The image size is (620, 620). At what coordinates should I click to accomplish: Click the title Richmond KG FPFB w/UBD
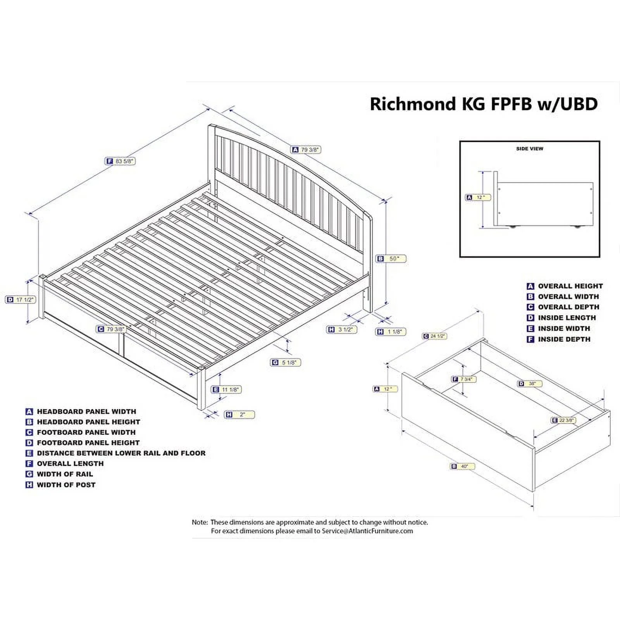pos(484,104)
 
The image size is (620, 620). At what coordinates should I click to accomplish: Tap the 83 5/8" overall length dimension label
pos(121,161)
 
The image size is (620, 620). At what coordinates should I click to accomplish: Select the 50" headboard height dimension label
pos(391,259)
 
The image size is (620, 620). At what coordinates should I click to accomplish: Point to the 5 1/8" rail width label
pos(286,363)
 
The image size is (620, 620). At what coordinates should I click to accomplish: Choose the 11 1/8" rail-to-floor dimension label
pos(226,389)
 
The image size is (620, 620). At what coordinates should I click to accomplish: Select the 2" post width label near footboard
pos(240,415)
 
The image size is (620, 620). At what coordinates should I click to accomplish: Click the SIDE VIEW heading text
pos(529,149)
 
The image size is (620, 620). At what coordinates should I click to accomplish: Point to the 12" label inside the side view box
pos(478,198)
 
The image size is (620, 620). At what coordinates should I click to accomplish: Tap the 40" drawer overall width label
pos(462,467)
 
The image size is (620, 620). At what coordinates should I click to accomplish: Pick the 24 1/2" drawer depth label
pos(434,336)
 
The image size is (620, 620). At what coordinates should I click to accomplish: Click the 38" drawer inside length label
pos(529,384)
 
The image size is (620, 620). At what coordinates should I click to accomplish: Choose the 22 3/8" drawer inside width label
pos(564,420)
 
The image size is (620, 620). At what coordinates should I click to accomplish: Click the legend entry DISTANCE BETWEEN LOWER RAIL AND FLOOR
pos(121,453)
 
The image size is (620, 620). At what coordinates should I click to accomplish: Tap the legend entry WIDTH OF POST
pos(66,485)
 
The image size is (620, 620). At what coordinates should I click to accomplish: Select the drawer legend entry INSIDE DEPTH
pos(564,339)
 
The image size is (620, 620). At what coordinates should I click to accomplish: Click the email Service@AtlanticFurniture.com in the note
pos(367,531)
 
